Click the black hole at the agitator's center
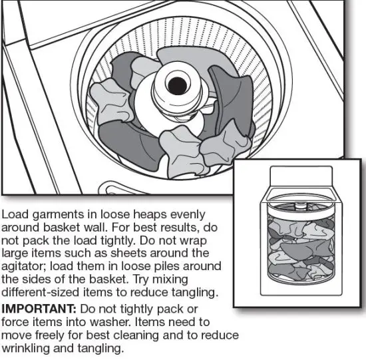pyautogui.click(x=177, y=85)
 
